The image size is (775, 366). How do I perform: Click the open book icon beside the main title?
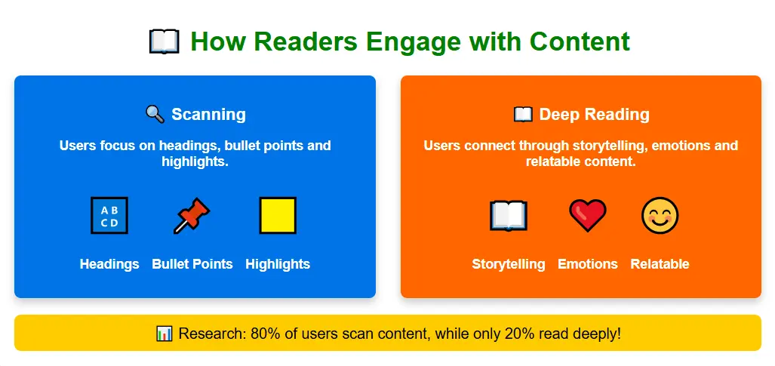[164, 42]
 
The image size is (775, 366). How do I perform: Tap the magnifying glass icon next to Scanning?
[155, 115]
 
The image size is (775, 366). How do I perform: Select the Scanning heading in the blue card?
[208, 115]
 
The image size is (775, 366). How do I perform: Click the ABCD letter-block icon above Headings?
[109, 216]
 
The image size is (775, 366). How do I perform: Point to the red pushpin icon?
[192, 216]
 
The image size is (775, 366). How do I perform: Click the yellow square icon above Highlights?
[278, 216]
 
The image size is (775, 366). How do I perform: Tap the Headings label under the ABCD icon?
[109, 264]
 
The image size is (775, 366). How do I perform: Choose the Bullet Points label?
[192, 264]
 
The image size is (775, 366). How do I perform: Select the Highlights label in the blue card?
[278, 264]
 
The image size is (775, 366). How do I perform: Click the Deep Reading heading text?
[594, 115]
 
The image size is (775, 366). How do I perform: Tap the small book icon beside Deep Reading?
[523, 115]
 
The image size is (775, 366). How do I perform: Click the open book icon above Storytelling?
[509, 216]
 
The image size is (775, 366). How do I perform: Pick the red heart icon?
[587, 216]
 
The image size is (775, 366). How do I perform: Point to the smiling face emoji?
[660, 216]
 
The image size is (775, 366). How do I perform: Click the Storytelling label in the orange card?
[509, 264]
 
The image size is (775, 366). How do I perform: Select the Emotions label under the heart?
[588, 264]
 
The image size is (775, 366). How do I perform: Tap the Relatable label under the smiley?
[660, 264]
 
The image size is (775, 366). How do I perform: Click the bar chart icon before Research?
[165, 333]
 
